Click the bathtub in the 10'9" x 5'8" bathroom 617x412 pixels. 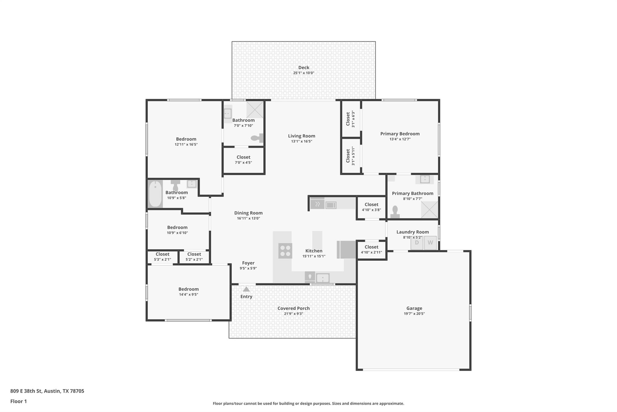click(x=155, y=194)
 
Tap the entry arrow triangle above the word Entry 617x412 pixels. click(x=246, y=289)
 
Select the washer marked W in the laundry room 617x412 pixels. click(x=430, y=243)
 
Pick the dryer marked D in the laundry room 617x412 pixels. click(x=417, y=243)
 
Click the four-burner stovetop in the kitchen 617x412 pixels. click(x=285, y=251)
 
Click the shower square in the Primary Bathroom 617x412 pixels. click(x=429, y=209)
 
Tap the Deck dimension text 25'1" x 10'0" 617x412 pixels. click(x=304, y=73)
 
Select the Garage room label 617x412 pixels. click(x=414, y=308)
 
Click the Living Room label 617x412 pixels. click(x=301, y=136)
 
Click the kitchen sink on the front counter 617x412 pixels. click(x=323, y=278)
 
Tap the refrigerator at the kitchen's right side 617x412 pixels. click(x=346, y=250)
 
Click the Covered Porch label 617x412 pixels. click(x=293, y=308)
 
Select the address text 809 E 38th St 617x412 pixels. click(x=47, y=391)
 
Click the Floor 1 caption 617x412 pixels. click(x=18, y=401)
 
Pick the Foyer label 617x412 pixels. click(x=248, y=263)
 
